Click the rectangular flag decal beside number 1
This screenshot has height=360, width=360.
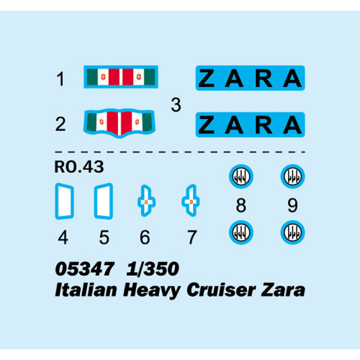pyautogui.click(x=121, y=77)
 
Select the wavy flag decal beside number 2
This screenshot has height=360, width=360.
pyautogui.click(x=120, y=123)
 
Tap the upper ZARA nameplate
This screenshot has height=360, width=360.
pyautogui.click(x=250, y=78)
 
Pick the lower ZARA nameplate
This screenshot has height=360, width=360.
pyautogui.click(x=250, y=125)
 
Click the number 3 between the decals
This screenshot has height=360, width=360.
pyautogui.click(x=176, y=105)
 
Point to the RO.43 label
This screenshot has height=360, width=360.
pyautogui.click(x=79, y=167)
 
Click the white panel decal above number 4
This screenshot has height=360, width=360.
pyautogui.click(x=64, y=201)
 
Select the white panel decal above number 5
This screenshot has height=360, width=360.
pyautogui.click(x=104, y=201)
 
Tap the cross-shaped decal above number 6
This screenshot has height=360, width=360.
pyautogui.click(x=146, y=201)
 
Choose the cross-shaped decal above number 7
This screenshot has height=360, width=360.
pyautogui.click(x=191, y=201)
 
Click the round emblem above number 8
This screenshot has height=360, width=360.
pyautogui.click(x=241, y=176)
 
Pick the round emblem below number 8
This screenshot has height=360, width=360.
pyautogui.click(x=241, y=233)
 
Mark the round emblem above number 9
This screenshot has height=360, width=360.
pyautogui.click(x=292, y=176)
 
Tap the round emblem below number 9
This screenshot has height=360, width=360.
pyautogui.click(x=292, y=233)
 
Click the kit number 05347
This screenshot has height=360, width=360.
pyautogui.click(x=84, y=269)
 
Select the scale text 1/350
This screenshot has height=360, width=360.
pyautogui.click(x=153, y=269)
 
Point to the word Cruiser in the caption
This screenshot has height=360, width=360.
pyautogui.click(x=221, y=290)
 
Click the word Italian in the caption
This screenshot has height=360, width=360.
pyautogui.click(x=86, y=290)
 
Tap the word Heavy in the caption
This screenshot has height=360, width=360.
pyautogui.click(x=152, y=291)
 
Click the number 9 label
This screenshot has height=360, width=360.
pyautogui.click(x=292, y=205)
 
